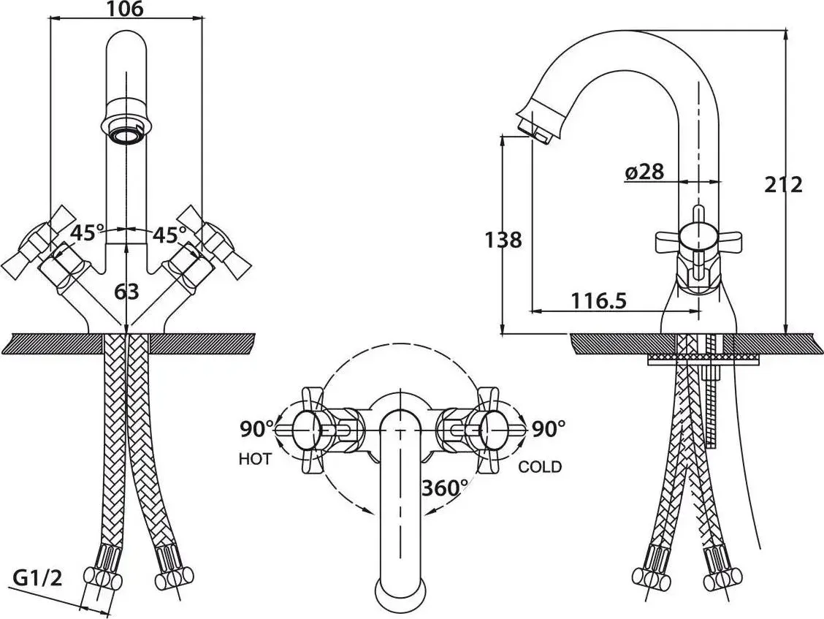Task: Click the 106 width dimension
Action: pos(125,9)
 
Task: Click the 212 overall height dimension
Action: pos(784,185)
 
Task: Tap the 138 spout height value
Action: pos(503,240)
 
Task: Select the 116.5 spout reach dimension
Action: pos(599,301)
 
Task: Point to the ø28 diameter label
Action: pos(644,172)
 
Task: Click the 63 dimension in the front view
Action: pos(126,292)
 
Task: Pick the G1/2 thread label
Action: pos(37,579)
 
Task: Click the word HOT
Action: pos(255,459)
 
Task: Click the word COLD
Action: pos(540,466)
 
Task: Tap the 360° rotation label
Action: pos(445,488)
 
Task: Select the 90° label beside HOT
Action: pos(257,429)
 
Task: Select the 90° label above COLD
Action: pos(549,429)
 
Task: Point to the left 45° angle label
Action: pos(87,232)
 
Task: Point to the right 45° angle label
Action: pos(169,235)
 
